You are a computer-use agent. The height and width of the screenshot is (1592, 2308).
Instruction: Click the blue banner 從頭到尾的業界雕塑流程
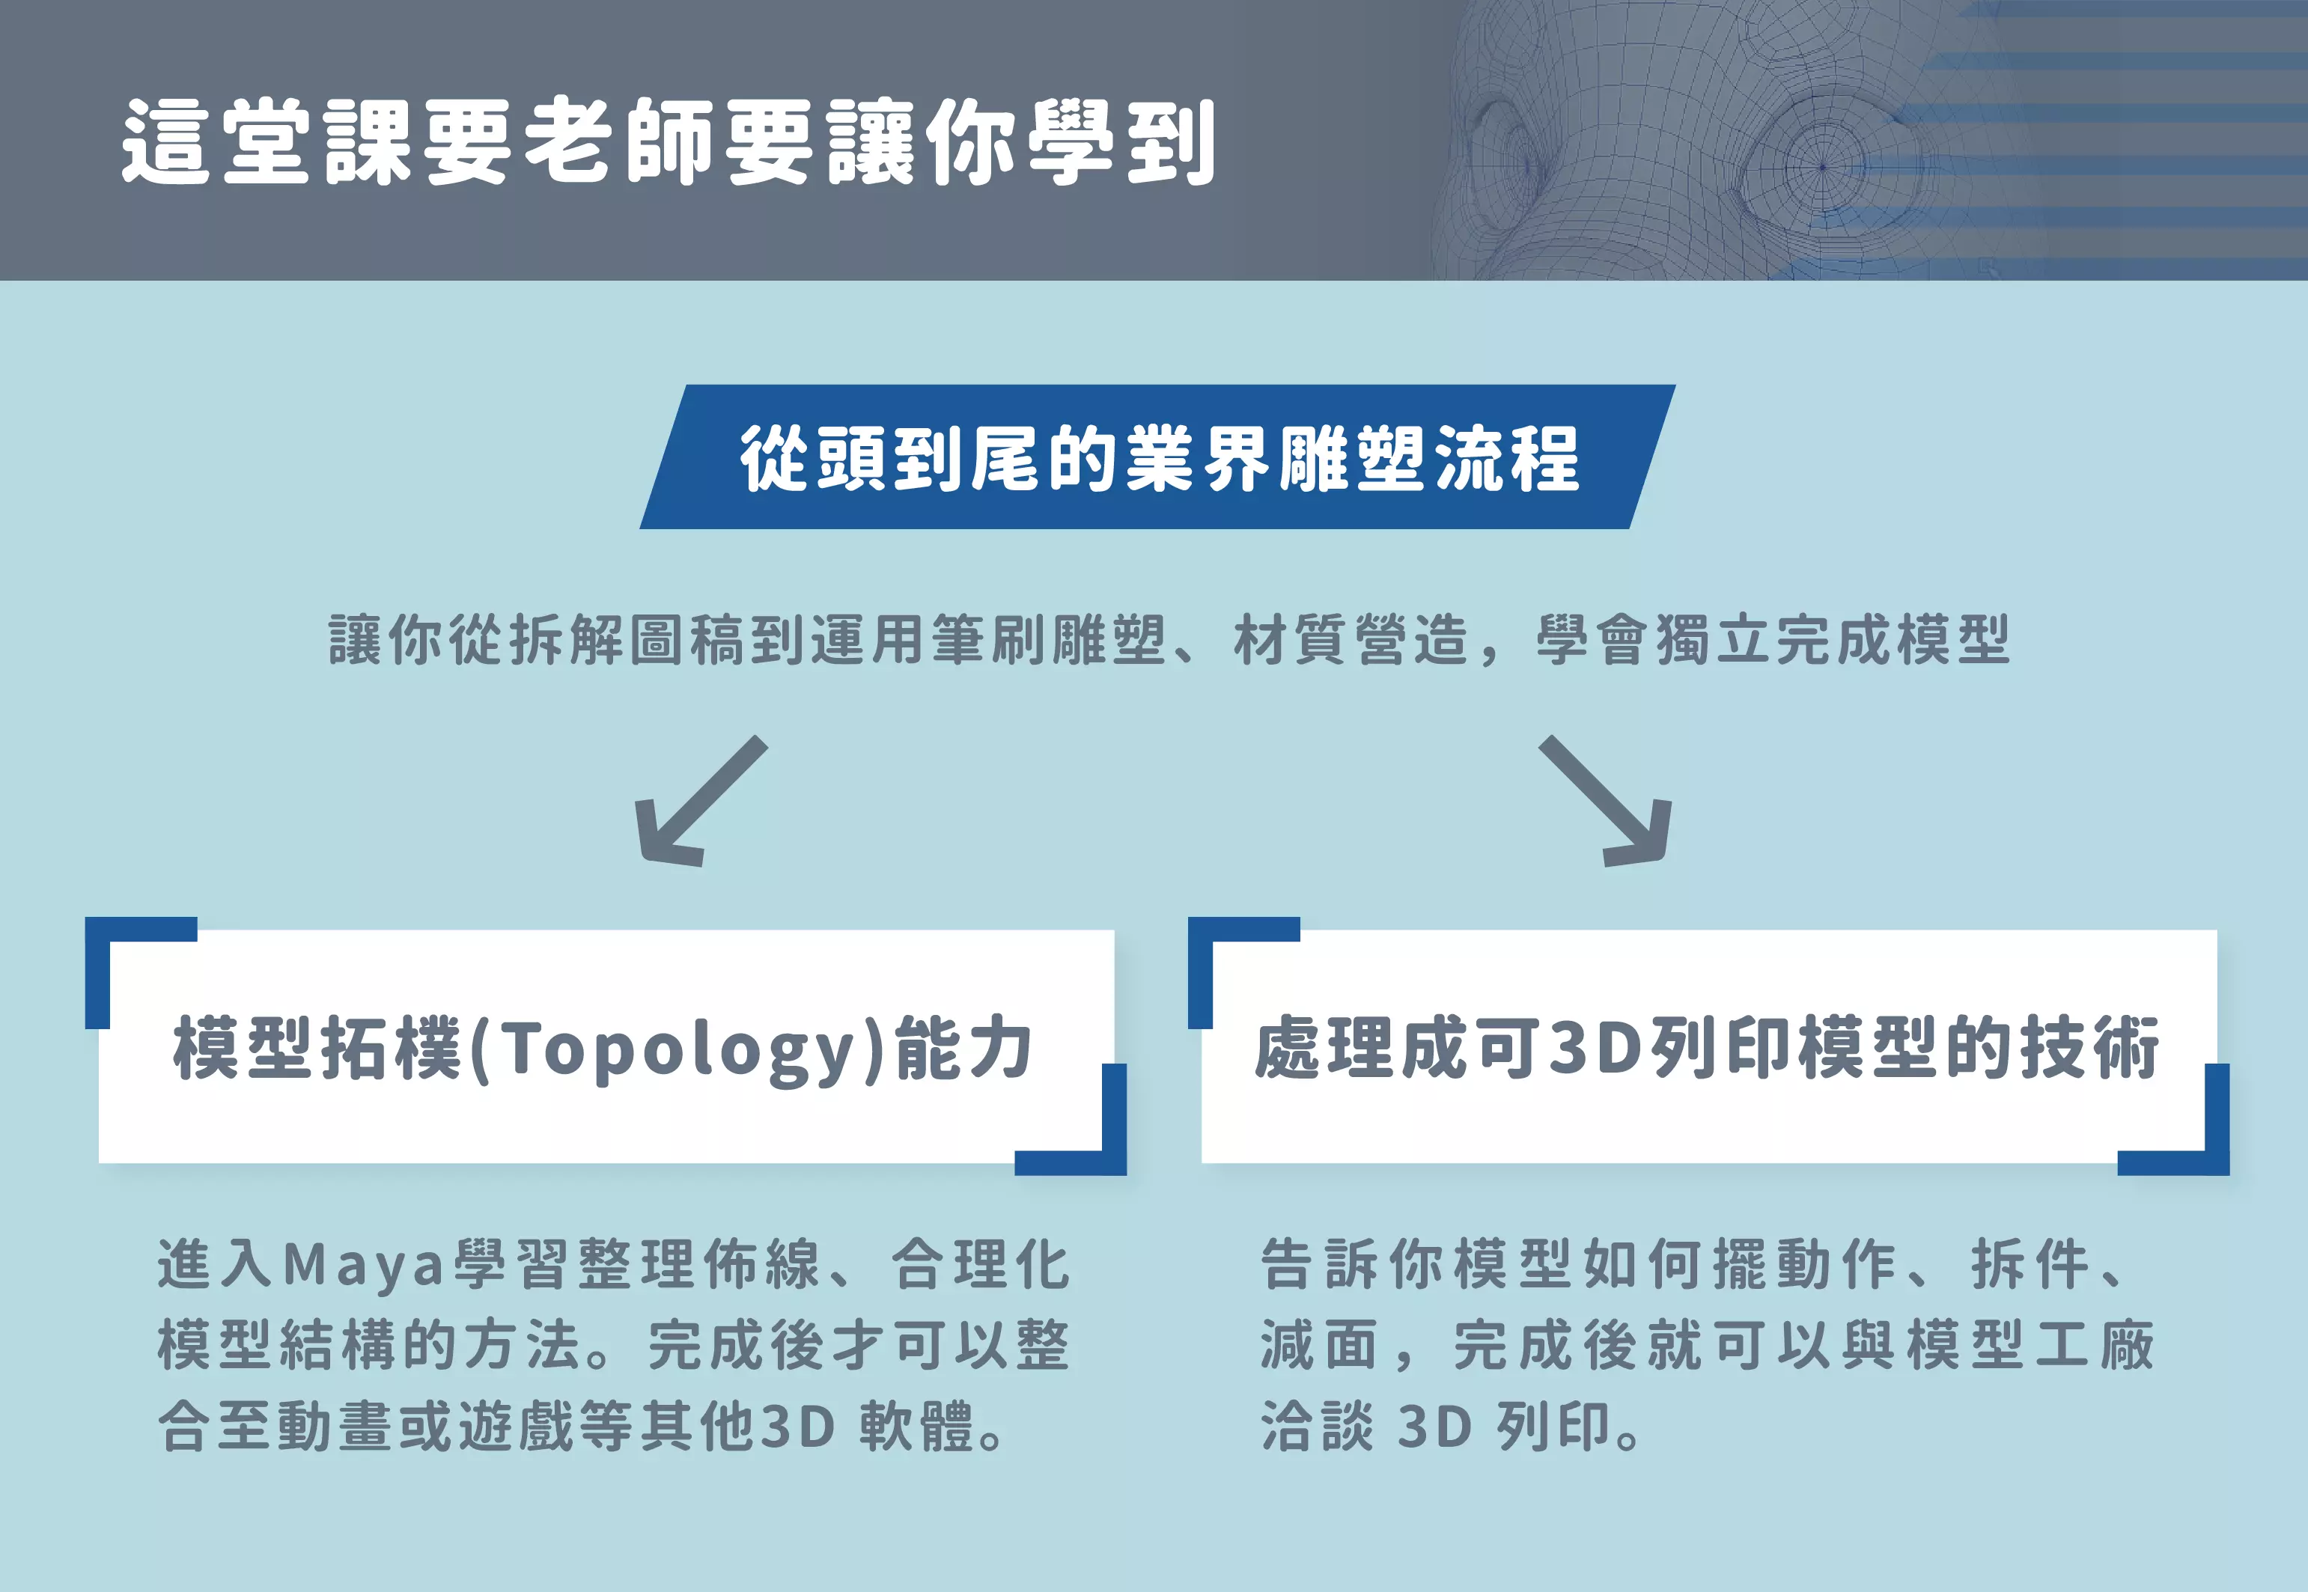(1157, 457)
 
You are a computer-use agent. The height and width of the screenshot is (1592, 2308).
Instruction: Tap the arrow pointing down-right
(1606, 802)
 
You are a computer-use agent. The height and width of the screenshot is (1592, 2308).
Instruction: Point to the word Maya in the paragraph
(363, 1265)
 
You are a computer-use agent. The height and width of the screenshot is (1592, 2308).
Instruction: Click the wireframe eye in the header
(1823, 168)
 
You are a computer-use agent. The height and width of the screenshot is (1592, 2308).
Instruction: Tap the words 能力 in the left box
(963, 1049)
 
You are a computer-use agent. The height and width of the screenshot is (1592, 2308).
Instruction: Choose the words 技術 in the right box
(2089, 1049)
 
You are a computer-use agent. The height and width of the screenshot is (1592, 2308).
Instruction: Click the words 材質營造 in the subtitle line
(1351, 641)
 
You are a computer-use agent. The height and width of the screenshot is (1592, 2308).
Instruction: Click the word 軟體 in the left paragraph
(916, 1427)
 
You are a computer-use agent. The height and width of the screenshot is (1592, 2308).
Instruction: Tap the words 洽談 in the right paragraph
(1317, 1427)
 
